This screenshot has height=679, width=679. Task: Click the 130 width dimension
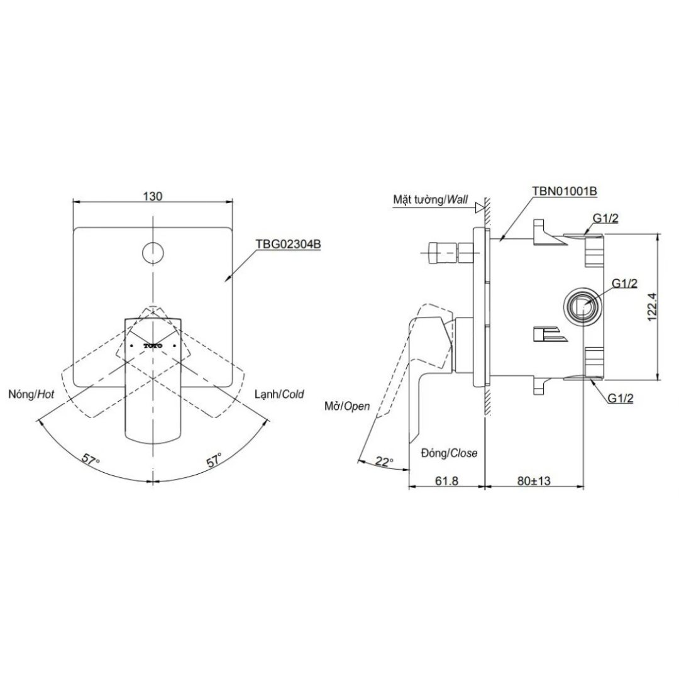pyautogui.click(x=153, y=196)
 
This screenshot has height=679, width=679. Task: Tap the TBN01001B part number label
pyautogui.click(x=563, y=190)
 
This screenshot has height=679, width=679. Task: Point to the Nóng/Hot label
pyautogui.click(x=31, y=394)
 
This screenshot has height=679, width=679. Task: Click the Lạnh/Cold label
pyautogui.click(x=279, y=394)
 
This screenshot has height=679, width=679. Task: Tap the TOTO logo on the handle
pyautogui.click(x=153, y=346)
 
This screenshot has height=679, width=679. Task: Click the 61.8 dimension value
pyautogui.click(x=447, y=481)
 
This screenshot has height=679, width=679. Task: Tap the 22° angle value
pyautogui.click(x=384, y=461)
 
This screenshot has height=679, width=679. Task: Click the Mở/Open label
pyautogui.click(x=348, y=406)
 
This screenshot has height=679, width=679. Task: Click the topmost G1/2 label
pyautogui.click(x=605, y=218)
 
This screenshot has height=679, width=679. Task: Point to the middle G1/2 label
pyautogui.click(x=625, y=284)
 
